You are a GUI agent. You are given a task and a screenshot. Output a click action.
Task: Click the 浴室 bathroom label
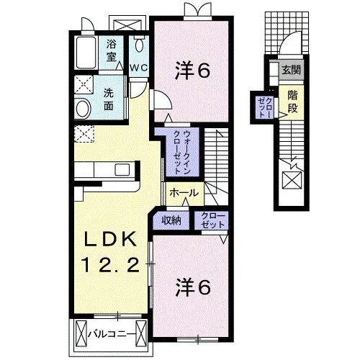[111, 51]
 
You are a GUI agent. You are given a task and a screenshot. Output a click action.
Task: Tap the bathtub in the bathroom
[86, 53]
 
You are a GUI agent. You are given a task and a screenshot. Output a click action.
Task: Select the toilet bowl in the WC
[139, 44]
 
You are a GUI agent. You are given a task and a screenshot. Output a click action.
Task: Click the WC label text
[139, 68]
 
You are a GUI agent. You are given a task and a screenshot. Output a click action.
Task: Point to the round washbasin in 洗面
[83, 109]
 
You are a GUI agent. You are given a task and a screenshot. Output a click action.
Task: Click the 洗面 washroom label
[109, 99]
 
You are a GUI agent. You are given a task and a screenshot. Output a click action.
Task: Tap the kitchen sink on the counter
[122, 170]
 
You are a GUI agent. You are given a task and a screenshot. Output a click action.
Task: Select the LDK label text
[111, 239]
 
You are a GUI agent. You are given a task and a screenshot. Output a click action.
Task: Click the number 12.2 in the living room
[111, 264]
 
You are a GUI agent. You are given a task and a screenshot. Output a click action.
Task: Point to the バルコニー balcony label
[111, 334]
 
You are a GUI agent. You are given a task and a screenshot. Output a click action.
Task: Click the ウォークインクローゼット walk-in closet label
[182, 152]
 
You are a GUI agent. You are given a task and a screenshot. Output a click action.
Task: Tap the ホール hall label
[184, 193]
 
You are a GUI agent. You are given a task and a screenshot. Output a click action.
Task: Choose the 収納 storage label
[171, 220]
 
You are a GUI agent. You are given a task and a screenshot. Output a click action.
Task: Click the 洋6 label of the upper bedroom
[193, 71]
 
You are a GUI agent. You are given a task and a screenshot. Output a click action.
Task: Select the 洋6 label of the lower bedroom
[193, 287]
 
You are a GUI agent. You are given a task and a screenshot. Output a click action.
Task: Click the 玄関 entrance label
[291, 70]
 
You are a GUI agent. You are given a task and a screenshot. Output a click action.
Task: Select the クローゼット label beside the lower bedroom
[213, 220]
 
